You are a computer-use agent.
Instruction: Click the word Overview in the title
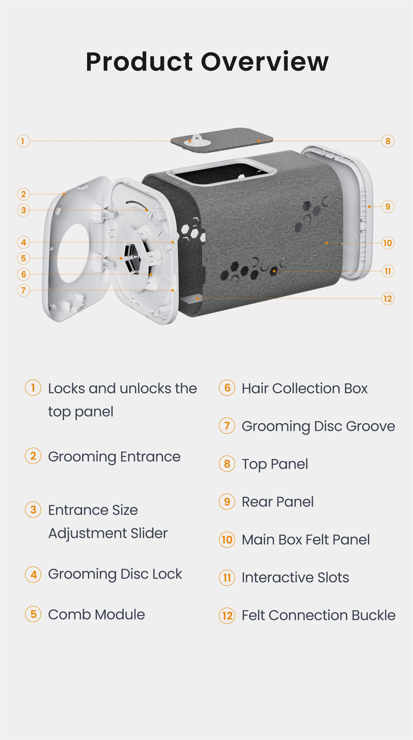coord(264,62)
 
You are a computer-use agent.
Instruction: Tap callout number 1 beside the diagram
coord(23,141)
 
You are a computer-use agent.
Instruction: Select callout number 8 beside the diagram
coord(388,141)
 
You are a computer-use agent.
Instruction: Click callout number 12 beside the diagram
coord(388,299)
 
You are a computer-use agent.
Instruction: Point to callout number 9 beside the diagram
coord(388,206)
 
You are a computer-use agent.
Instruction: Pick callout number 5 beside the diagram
coord(23,258)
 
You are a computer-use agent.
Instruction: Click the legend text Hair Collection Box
coord(305,388)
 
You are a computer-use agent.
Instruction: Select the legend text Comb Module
coord(96,614)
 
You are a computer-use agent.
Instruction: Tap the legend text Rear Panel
coord(278,502)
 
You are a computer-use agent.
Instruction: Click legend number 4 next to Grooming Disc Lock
coord(33,574)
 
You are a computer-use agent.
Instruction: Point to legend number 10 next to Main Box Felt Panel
coord(227,539)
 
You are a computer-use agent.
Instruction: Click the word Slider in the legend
coord(149,533)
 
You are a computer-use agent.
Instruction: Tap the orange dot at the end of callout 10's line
coord(326,243)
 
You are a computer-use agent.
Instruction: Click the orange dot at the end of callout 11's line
coord(275,271)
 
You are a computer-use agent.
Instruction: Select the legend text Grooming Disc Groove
coord(318,426)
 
